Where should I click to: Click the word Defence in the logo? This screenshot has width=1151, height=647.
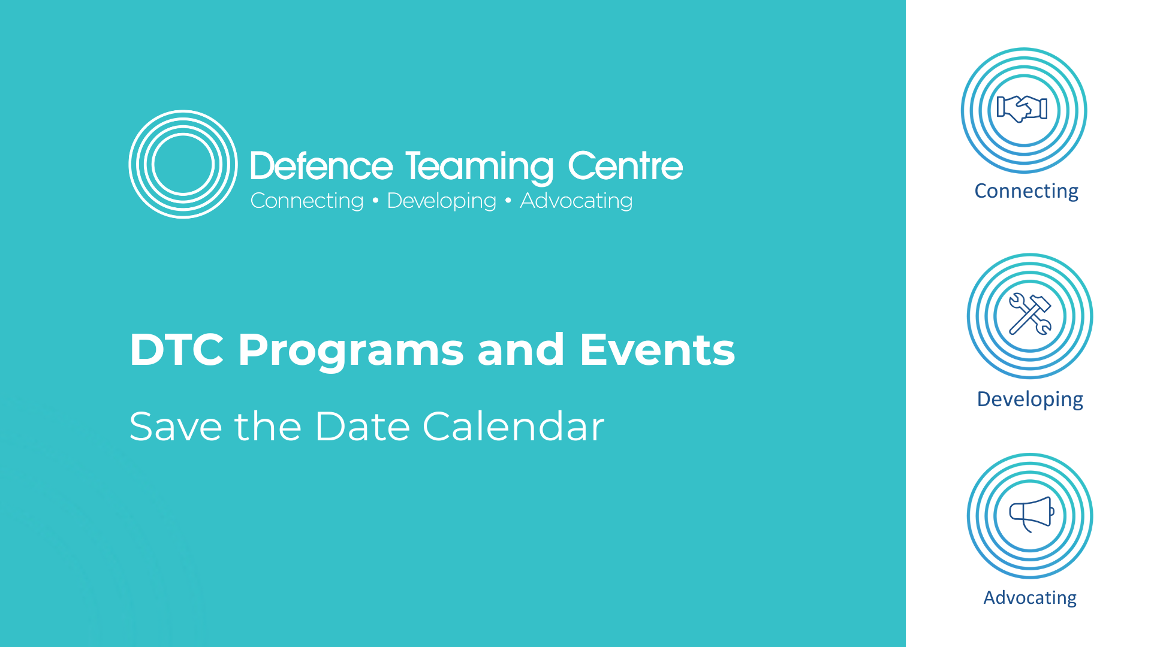321,166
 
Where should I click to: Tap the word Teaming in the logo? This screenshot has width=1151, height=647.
479,167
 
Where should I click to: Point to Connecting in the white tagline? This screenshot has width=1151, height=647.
307,201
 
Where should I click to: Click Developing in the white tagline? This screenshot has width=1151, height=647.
442,201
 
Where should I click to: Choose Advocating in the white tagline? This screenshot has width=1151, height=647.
576,201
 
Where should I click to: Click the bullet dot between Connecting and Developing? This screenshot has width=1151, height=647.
376,201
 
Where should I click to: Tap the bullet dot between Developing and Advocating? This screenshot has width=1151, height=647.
508,201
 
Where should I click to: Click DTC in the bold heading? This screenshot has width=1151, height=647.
177,349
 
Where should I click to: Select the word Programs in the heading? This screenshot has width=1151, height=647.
351,352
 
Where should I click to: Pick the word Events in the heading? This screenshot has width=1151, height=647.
657,349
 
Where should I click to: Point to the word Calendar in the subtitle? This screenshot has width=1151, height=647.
514,426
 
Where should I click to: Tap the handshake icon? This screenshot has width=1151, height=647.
1022,109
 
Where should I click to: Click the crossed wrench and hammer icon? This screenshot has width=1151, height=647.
1030,313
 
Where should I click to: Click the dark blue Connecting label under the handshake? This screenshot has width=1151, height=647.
1026,191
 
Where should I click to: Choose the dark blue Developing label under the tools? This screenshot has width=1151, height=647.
1030,400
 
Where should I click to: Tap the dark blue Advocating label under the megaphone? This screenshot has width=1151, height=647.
1030,598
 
